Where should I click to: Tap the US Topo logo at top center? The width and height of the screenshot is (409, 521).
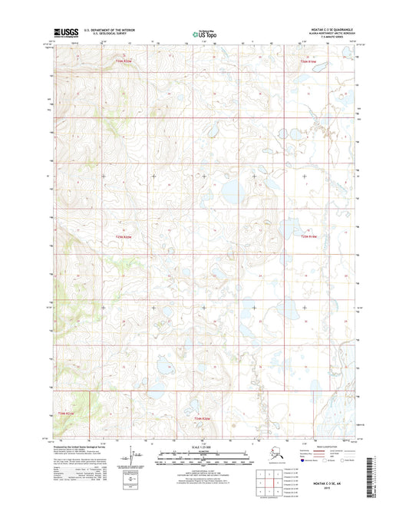pyautogui.click(x=201, y=34)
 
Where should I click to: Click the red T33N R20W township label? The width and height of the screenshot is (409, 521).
pyautogui.click(x=124, y=60)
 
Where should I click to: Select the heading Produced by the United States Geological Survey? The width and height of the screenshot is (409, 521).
pyautogui.click(x=84, y=445)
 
